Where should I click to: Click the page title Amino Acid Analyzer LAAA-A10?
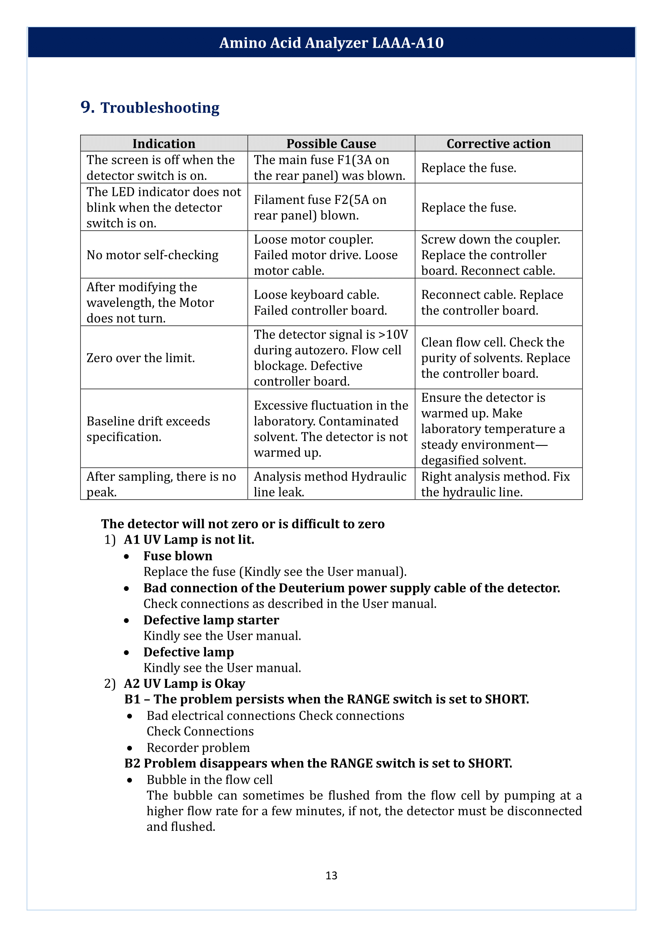[x=331, y=43]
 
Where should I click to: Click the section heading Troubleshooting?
[x=160, y=108]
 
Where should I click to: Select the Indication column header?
[x=164, y=144]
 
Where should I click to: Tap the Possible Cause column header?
[x=331, y=144]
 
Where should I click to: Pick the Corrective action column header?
[x=499, y=144]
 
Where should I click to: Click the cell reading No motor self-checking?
[x=152, y=255]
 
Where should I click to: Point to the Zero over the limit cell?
[x=140, y=358]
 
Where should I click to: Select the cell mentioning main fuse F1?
[x=329, y=168]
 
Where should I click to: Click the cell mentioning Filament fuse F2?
[x=320, y=208]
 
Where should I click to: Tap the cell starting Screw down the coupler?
[x=490, y=255]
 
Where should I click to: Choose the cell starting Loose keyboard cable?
[x=320, y=302]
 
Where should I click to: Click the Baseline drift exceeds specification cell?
[x=148, y=429]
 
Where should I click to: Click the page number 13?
[x=331, y=875]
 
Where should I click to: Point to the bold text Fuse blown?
[x=178, y=556]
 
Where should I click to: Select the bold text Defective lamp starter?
[x=211, y=620]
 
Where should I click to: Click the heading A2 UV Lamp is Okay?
[x=184, y=683]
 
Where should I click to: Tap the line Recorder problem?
[x=198, y=748]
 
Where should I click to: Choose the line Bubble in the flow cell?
[x=209, y=780]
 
